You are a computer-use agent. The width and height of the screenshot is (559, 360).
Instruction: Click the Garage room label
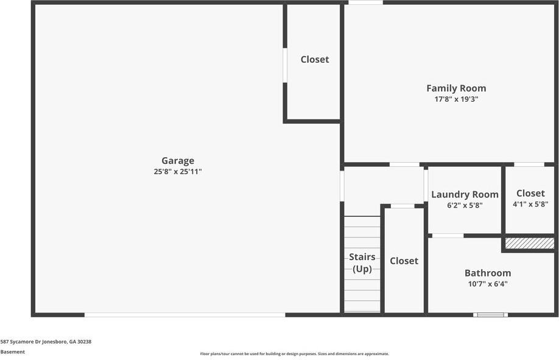[x=178, y=161]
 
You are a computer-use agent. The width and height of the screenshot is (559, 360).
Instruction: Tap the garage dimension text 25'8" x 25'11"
[x=178, y=172]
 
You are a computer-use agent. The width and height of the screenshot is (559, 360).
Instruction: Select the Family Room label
[x=456, y=88]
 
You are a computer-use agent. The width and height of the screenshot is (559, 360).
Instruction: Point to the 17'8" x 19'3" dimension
[x=456, y=99]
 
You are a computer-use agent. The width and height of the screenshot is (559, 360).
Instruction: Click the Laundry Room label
[x=465, y=194]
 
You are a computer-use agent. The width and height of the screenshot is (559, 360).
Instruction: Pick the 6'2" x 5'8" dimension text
[x=465, y=205]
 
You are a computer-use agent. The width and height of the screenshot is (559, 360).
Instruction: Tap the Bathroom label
[x=488, y=273]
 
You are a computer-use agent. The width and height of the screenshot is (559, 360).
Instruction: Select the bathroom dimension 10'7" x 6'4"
[x=488, y=283]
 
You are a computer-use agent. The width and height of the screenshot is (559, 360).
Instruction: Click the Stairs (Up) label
[x=362, y=263]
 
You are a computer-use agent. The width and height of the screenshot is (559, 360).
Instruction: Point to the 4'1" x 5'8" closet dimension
[x=530, y=205]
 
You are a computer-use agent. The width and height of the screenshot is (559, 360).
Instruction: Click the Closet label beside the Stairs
[x=404, y=261]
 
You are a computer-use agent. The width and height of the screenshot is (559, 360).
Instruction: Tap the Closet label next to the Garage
[x=315, y=59]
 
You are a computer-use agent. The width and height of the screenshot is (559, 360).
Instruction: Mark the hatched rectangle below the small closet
[x=529, y=243]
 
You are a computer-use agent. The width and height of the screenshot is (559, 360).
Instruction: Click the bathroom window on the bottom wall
[x=491, y=314]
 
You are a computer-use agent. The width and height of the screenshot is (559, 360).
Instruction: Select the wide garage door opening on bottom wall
[x=185, y=314]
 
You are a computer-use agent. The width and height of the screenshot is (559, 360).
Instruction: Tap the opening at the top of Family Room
[x=365, y=2]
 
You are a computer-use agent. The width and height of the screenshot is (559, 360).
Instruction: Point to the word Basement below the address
[x=13, y=351]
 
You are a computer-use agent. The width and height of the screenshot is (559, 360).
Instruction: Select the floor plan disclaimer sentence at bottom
[x=295, y=354]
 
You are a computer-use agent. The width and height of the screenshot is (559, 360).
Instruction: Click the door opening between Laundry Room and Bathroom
[x=448, y=236]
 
